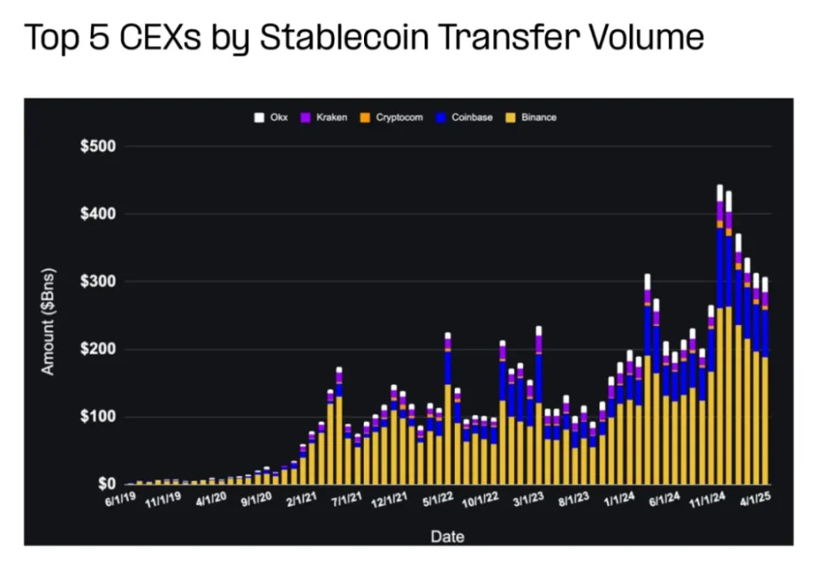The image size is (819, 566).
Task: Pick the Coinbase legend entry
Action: [465, 117]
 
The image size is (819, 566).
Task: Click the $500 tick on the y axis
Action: [99, 147]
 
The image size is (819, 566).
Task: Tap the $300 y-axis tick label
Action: [99, 281]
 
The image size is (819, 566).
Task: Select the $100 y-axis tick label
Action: [99, 417]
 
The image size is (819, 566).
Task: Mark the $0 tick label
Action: [106, 484]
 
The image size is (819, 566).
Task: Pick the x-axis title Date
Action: [447, 536]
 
